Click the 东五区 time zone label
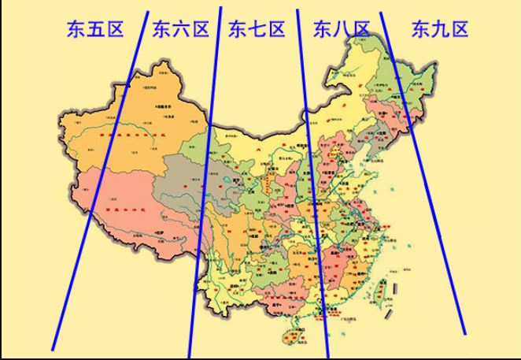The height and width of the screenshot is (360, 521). click(x=96, y=30)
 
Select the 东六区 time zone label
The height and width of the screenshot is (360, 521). click(x=181, y=30)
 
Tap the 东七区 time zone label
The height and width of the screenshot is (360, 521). click(x=256, y=30)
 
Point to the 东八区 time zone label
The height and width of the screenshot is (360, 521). click(x=341, y=30)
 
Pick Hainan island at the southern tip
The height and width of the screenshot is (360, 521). click(x=294, y=336)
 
